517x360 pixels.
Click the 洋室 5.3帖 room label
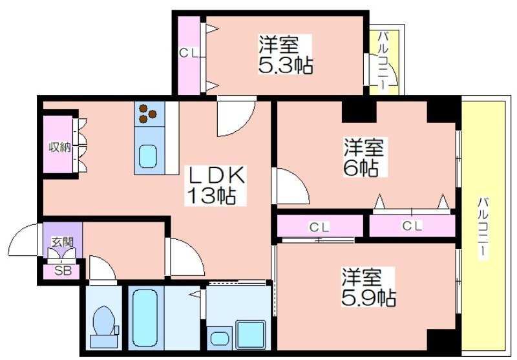285,54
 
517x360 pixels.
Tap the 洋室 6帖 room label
364,157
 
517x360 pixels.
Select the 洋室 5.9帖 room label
368,288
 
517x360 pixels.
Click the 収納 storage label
59,147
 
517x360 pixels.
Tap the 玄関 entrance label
62,242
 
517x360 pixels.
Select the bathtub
145,319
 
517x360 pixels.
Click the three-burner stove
147,113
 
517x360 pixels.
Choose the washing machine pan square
251,335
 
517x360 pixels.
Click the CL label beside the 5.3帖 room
189,54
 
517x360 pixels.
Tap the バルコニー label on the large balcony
483,228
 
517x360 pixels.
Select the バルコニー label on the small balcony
383,60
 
